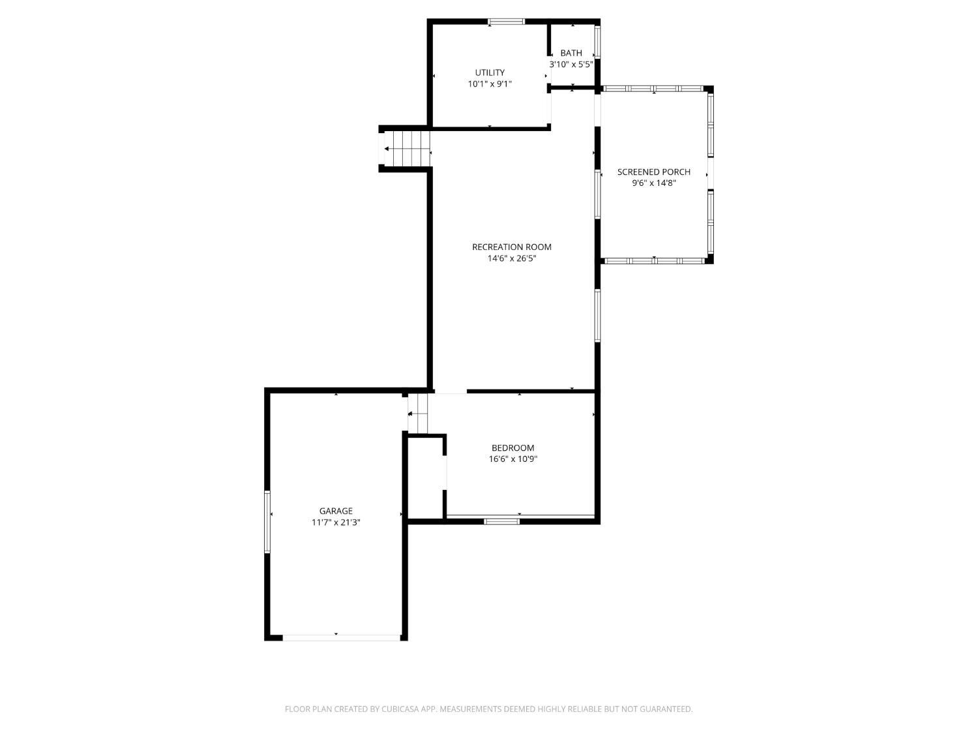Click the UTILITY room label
tap(489, 72)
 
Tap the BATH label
tap(570, 53)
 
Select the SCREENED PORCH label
tap(653, 172)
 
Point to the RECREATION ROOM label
tap(512, 247)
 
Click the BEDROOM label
tap(512, 448)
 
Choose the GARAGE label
tap(336, 511)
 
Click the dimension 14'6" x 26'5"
tap(512, 258)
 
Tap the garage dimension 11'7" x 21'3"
tap(336, 523)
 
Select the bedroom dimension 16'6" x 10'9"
tap(513, 459)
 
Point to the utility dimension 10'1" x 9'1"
tap(489, 84)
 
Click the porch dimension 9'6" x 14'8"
tap(654, 183)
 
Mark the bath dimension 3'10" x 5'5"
tap(570, 64)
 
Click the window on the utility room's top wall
tap(506, 22)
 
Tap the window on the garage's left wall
tap(267, 522)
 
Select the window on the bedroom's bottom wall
tap(501, 521)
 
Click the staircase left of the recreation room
tap(407, 149)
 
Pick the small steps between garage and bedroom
tap(417, 414)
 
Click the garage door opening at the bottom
tap(342, 637)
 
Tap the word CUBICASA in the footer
tap(400, 709)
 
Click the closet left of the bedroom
tap(426, 478)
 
